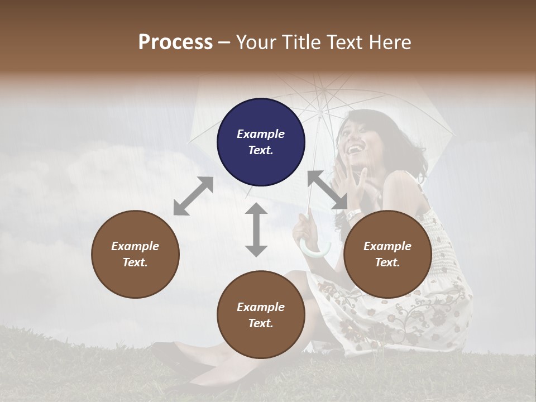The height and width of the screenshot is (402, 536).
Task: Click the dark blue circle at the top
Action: (261, 142)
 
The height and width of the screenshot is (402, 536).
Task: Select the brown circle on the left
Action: (135, 254)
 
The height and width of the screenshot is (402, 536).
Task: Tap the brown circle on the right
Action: (387, 254)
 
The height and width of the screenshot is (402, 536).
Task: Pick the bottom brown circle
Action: (261, 315)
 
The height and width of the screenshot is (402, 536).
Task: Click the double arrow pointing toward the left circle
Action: (193, 196)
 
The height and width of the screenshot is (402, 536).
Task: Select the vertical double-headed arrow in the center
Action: (256, 229)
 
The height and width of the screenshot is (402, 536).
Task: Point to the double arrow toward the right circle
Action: (327, 190)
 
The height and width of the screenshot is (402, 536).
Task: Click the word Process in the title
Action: (175, 42)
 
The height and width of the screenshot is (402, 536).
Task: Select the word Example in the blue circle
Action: (261, 134)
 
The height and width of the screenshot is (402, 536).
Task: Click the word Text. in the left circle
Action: (135, 262)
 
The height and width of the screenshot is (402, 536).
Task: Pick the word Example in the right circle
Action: (387, 246)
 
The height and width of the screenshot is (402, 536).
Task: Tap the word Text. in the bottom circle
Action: (261, 323)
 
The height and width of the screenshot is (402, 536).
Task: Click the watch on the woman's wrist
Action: (354, 214)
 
